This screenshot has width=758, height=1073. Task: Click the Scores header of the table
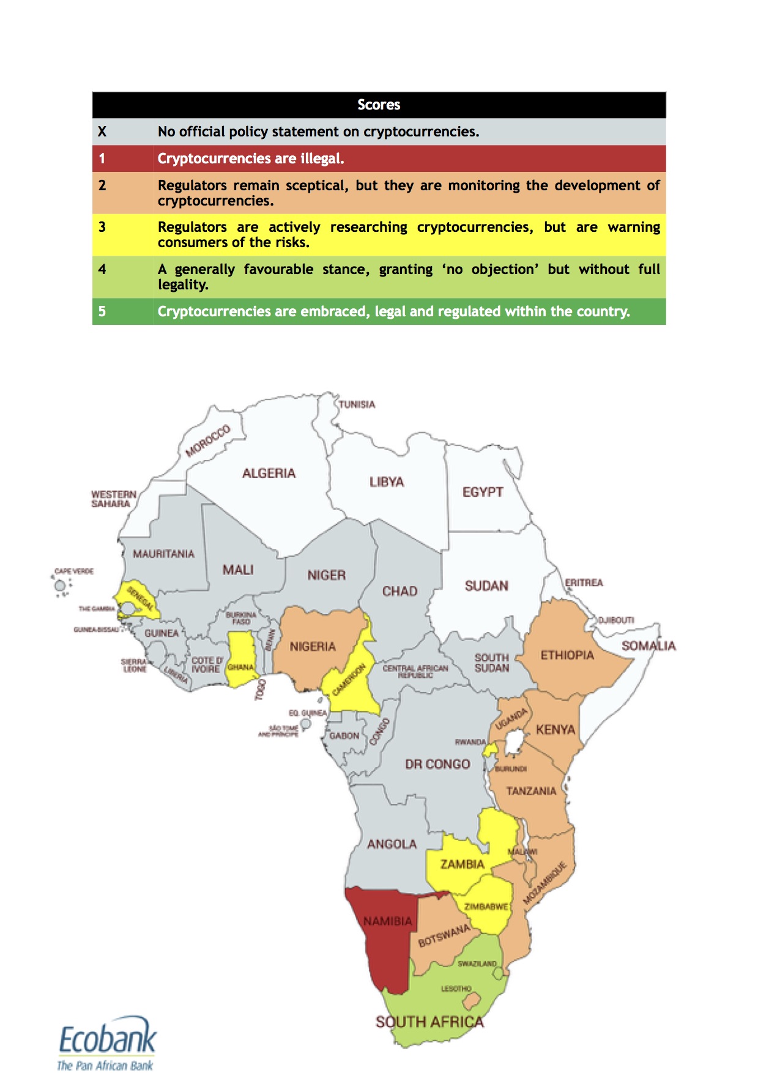coord(379,105)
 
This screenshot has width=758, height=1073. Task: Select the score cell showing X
coord(102,132)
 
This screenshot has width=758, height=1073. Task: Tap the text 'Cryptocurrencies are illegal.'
coord(251,158)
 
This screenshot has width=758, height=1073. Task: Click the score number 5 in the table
coord(102,311)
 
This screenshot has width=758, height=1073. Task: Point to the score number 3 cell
coord(102,228)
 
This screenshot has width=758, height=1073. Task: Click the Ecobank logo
coord(107,1042)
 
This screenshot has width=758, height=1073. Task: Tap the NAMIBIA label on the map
coord(388,921)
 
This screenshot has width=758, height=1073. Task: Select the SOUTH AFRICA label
coord(429,1022)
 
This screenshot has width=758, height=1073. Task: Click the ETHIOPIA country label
coord(567,655)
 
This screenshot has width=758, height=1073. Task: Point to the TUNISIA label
coord(357,404)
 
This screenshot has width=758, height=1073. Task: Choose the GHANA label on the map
coord(240,667)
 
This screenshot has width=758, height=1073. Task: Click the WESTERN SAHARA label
coord(113,499)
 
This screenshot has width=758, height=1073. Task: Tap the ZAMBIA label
coord(462,864)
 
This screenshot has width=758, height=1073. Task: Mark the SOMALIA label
coord(648,645)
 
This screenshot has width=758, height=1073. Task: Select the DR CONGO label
coord(437,764)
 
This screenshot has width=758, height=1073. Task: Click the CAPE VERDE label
coord(74,571)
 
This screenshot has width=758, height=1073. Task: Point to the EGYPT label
coord(483,492)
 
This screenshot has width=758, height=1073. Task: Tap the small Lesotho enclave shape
coord(471,1001)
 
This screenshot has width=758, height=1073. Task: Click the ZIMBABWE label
coord(486,906)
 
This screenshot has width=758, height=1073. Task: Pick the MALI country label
coord(238,570)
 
